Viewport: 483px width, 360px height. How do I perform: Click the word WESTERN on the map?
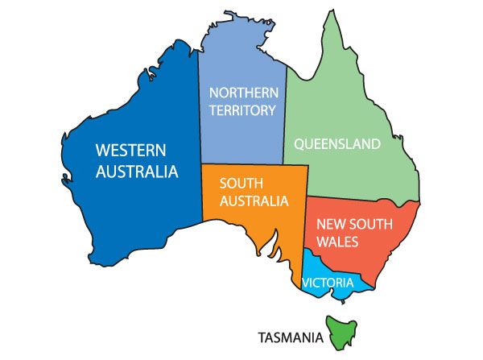(x=131, y=151)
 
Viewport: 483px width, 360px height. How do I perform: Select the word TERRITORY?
(x=242, y=111)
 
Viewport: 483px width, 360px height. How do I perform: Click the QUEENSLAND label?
(x=336, y=145)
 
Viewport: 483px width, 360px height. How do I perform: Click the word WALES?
(x=337, y=240)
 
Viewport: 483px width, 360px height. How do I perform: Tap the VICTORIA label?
(x=328, y=283)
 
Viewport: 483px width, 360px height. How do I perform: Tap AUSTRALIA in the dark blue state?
(x=137, y=172)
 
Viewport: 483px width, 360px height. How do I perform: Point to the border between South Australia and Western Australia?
(x=201, y=193)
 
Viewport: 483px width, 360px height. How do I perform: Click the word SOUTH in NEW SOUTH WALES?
(x=371, y=223)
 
